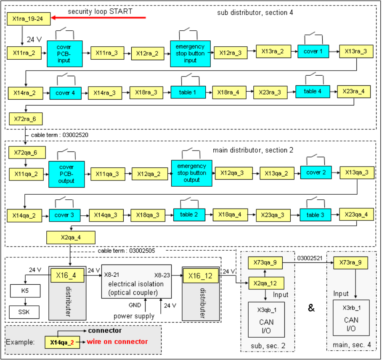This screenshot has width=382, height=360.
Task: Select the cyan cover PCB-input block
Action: point(64,53)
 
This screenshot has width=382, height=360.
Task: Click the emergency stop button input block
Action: point(190,53)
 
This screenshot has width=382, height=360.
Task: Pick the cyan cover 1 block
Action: point(313,51)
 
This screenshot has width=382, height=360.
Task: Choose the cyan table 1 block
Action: point(188,92)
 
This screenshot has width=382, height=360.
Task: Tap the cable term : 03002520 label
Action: point(59,135)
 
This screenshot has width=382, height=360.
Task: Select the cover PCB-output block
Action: point(66,174)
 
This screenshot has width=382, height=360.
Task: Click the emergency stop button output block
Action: point(191,173)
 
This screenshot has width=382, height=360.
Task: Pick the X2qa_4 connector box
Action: point(71,238)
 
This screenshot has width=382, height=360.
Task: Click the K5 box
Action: point(25,291)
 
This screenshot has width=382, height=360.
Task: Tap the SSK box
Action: point(25,312)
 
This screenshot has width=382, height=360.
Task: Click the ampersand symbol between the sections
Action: point(311,308)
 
